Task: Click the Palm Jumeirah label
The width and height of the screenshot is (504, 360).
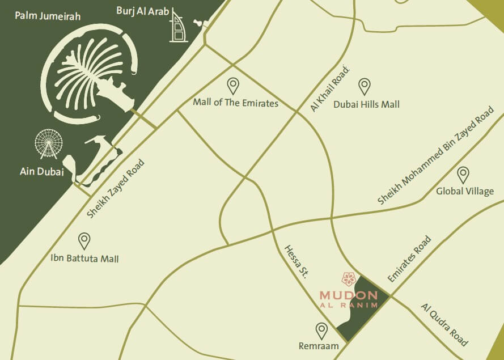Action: coord(48,16)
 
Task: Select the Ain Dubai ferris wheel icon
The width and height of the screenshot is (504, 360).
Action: coord(48,144)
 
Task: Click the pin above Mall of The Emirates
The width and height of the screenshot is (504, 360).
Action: coord(233,86)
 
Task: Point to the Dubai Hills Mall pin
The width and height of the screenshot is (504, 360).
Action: coord(365,86)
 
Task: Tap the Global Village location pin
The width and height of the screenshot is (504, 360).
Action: coord(463,175)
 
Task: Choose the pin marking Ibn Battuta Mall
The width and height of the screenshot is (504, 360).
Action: coord(84,241)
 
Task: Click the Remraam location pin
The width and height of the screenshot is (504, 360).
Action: coord(321,331)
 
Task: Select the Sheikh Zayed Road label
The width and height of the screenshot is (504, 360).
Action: coord(116,189)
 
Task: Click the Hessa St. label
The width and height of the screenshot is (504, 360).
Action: coord(296,261)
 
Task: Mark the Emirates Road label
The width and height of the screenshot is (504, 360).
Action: coord(409,259)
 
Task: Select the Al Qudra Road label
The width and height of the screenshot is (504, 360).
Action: coord(444,325)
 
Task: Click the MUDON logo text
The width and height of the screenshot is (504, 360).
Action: coord(348,295)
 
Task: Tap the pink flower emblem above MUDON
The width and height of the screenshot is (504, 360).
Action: coord(348,278)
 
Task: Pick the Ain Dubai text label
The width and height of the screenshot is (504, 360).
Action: coord(42,172)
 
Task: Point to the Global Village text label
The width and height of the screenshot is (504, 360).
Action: coord(465,191)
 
